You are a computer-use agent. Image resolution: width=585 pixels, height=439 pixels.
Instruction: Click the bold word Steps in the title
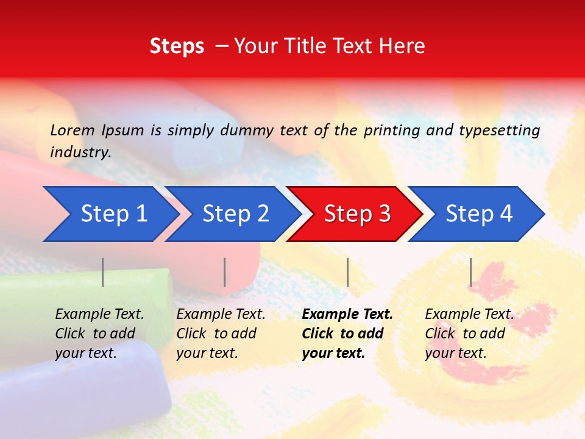[x=177, y=46]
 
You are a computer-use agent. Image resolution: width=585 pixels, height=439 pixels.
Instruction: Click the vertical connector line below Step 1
[x=103, y=272]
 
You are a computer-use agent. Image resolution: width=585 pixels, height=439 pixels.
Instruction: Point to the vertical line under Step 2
[x=225, y=272]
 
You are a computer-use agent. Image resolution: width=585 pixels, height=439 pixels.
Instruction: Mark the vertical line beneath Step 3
[x=347, y=272]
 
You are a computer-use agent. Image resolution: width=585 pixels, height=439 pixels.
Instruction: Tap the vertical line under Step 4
[x=470, y=272]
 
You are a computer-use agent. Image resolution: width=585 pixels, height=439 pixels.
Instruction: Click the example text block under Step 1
[x=99, y=334]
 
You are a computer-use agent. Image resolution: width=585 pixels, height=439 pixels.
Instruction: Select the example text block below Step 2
[x=221, y=334]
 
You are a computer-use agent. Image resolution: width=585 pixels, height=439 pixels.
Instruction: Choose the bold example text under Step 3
[x=347, y=334]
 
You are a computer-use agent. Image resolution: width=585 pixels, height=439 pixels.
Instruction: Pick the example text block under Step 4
[x=469, y=334]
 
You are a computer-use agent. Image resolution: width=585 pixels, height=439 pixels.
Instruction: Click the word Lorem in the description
[x=73, y=130]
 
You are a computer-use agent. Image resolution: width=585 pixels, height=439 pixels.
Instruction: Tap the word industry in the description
[x=80, y=152]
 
